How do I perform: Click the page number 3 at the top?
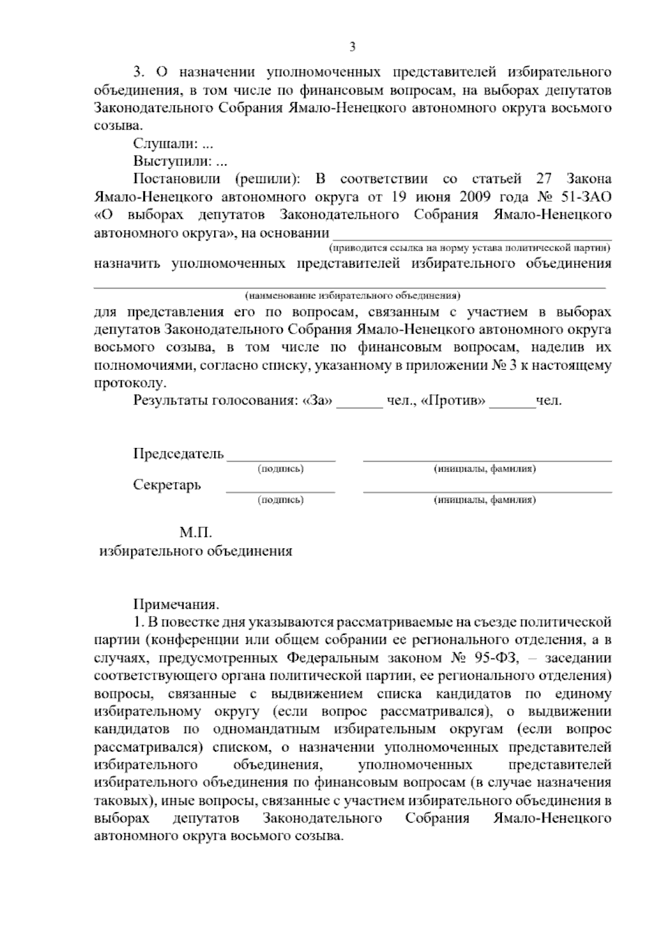352,47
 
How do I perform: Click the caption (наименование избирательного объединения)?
352,295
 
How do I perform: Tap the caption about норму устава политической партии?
470,247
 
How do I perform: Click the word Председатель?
178,454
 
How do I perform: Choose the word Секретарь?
167,485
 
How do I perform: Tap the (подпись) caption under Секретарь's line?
281,500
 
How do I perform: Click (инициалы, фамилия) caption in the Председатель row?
485,469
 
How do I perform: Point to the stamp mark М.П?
196,532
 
